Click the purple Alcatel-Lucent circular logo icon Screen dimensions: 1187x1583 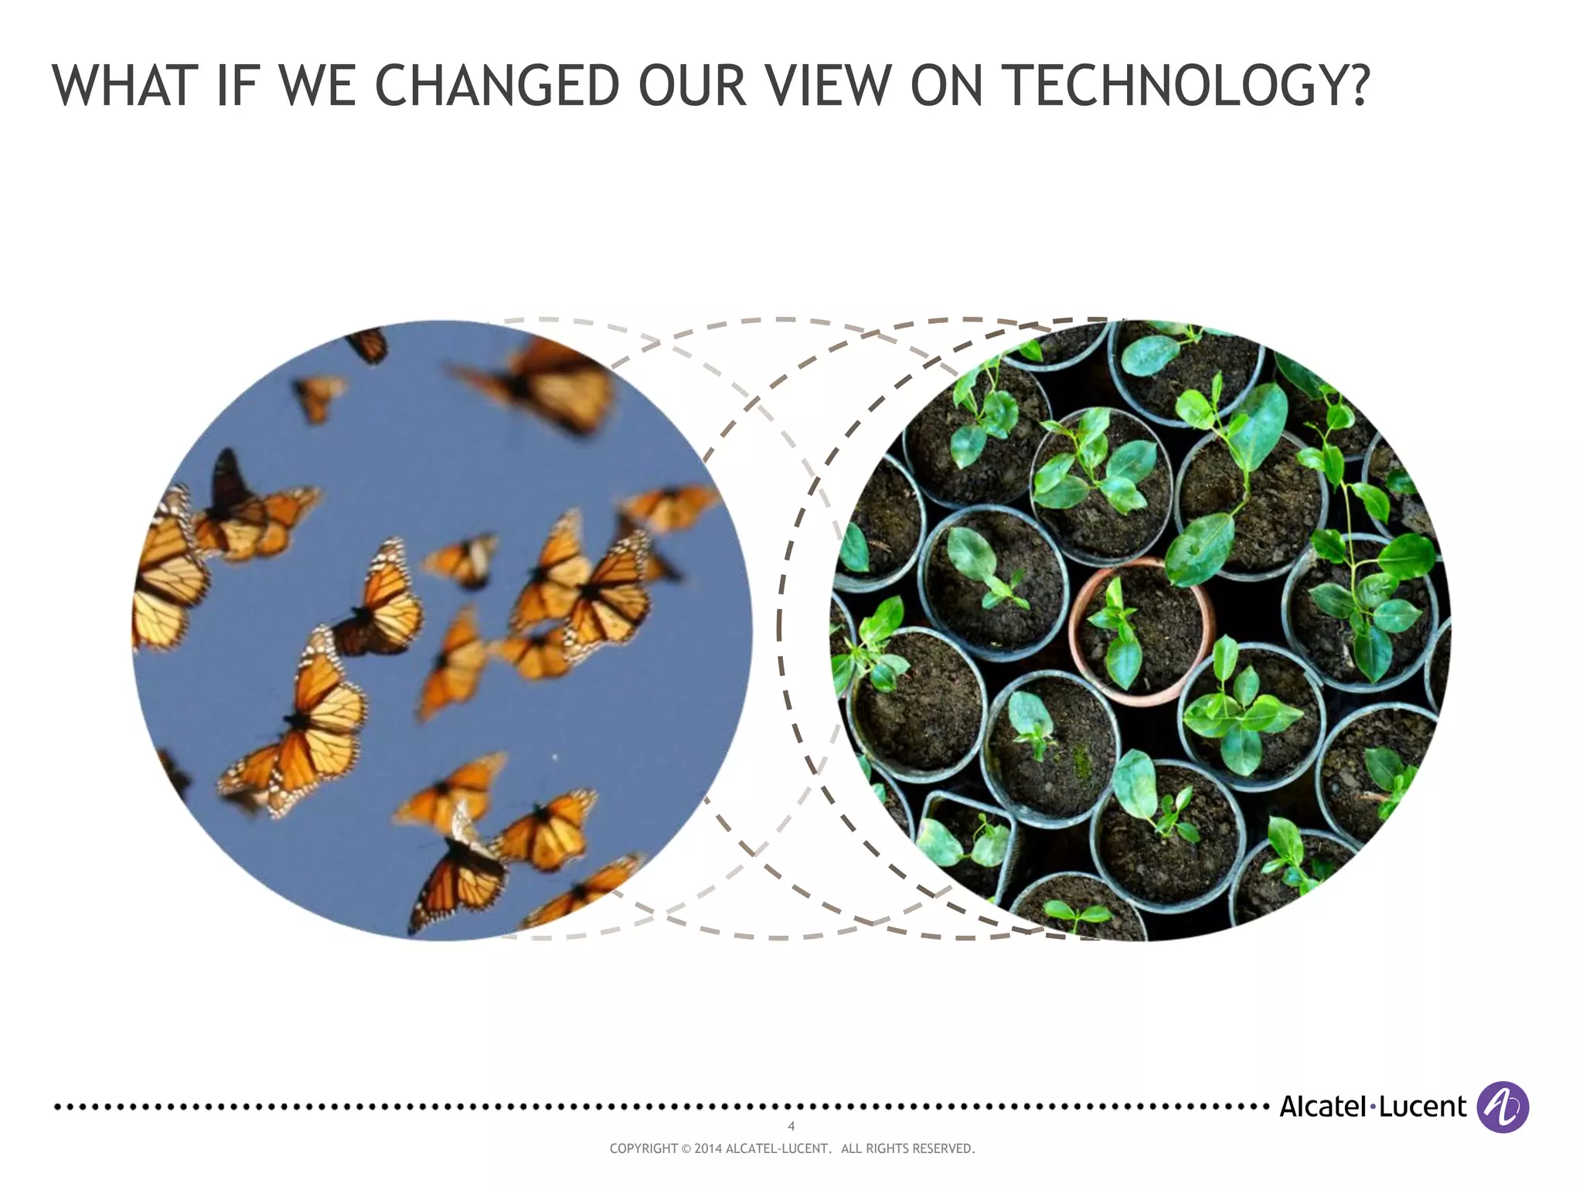[x=1502, y=1107]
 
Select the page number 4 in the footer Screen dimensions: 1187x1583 [x=791, y=1126]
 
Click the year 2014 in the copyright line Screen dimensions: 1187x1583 [x=708, y=1149]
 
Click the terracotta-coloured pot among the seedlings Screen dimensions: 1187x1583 [x=1141, y=630]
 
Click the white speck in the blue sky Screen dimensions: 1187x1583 [x=556, y=757]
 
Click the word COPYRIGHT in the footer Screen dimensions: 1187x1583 [x=643, y=1149]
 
